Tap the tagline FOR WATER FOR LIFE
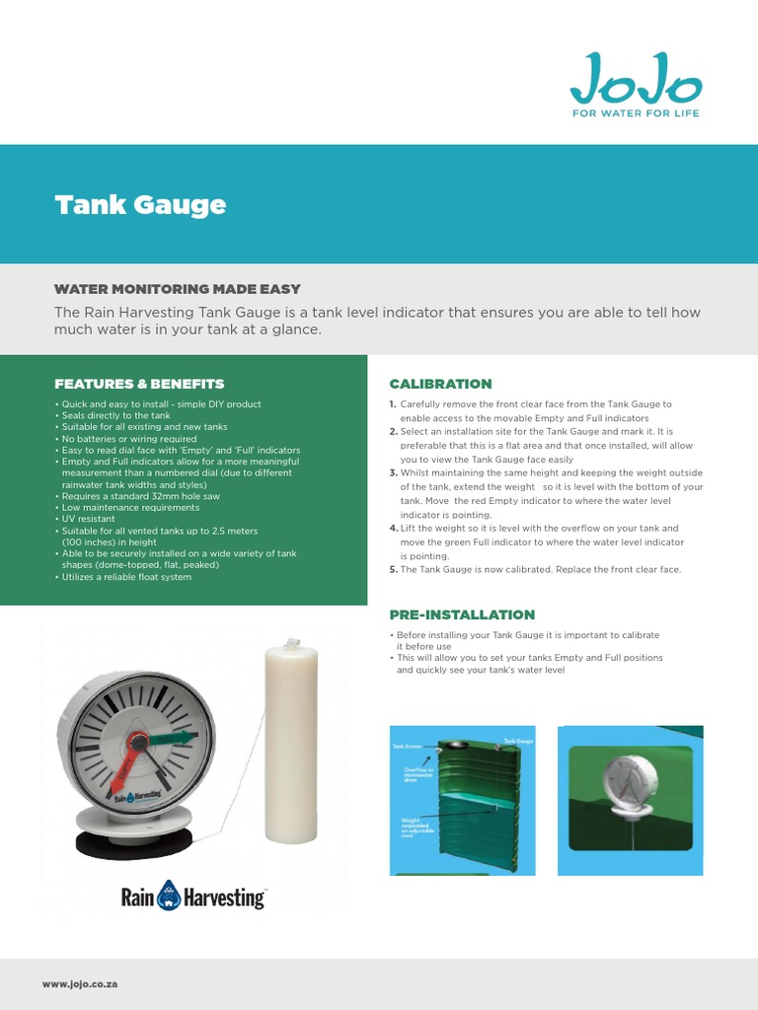tap(637, 113)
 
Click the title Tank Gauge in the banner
tap(140, 205)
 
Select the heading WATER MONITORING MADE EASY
tap(177, 289)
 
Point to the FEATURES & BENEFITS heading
tap(139, 384)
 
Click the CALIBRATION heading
tap(440, 384)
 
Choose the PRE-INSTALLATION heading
tap(462, 614)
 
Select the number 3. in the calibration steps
tap(393, 473)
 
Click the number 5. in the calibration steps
tap(393, 570)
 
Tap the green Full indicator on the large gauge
tap(173, 738)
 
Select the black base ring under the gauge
tap(134, 843)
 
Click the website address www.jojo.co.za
tap(80, 984)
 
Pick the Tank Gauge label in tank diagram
tap(518, 740)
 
